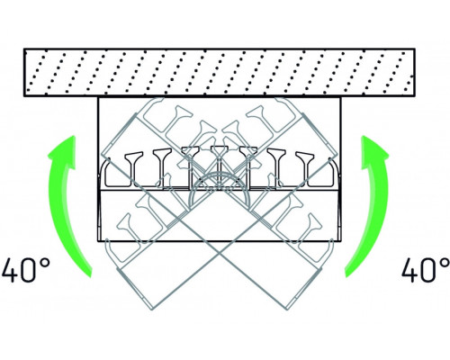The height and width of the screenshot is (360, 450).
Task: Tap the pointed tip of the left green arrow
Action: (x=73, y=136)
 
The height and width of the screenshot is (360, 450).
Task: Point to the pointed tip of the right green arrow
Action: (x=364, y=136)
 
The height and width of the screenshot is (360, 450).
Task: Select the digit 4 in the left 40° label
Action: (x=12, y=271)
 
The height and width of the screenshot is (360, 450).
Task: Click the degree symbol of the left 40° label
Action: (x=45, y=264)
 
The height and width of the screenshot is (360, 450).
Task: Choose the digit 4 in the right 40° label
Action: (x=411, y=271)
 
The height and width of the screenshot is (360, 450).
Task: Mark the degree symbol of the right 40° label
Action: (x=445, y=264)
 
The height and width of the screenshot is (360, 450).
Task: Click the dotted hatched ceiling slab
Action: (x=220, y=73)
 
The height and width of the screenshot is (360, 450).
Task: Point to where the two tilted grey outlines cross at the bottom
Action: (x=220, y=254)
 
